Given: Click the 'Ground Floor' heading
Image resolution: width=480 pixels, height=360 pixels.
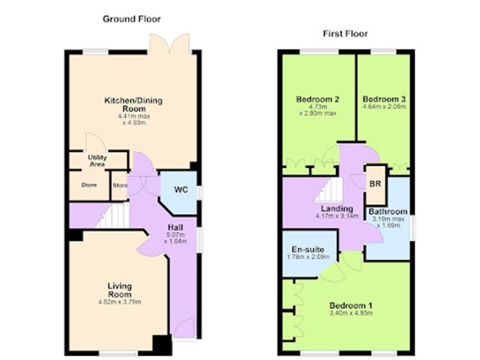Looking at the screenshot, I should coord(132,18).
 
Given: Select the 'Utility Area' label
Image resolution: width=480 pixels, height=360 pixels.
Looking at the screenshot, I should coord(98,160).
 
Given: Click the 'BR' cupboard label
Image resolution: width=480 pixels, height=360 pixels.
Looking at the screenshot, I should coord(374,184).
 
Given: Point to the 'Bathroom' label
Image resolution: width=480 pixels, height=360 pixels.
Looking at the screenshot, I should coord(388,212).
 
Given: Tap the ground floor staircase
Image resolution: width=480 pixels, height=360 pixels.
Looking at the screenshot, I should coord(108,213).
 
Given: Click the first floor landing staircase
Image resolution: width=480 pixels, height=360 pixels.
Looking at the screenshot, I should coord(328,191).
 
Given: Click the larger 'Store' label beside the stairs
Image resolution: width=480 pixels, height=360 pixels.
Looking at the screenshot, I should coord(88,185).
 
